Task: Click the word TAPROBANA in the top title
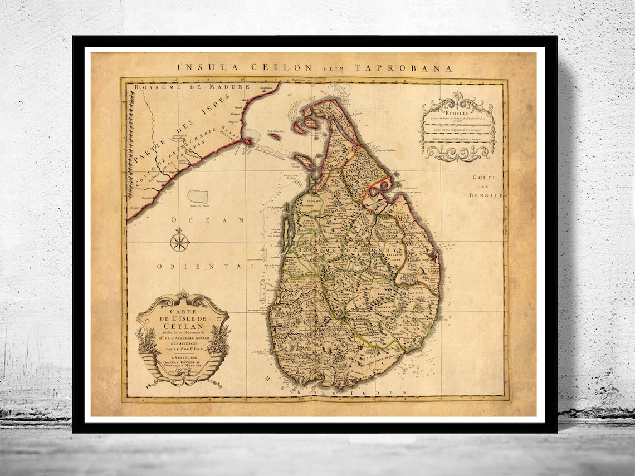click(x=412, y=67)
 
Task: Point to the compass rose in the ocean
click(x=179, y=242)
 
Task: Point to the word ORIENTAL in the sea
click(x=201, y=267)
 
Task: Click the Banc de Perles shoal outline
click(x=198, y=196)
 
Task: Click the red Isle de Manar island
click(x=304, y=162)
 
